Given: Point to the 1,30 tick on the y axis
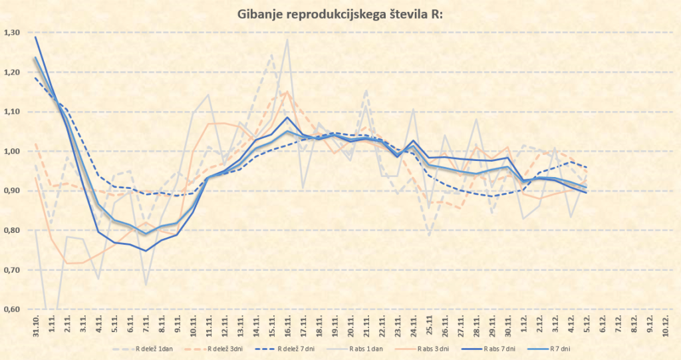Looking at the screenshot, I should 12,33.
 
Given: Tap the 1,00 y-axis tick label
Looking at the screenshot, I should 12,151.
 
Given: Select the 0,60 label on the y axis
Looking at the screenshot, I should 12,309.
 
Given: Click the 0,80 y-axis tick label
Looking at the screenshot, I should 12,230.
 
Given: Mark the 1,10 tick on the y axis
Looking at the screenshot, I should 12,112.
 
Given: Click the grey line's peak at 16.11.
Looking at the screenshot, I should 287,40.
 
